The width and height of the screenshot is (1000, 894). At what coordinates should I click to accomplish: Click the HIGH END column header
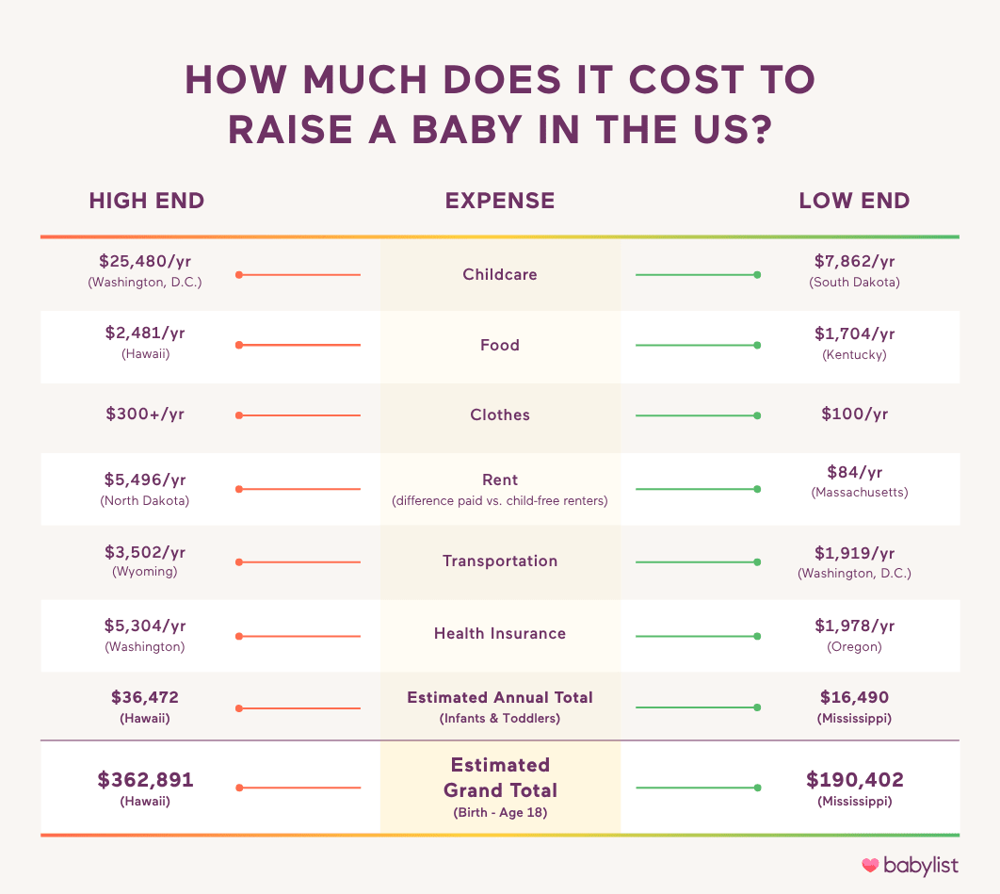(146, 201)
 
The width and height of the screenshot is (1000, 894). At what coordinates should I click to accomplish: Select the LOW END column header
(854, 201)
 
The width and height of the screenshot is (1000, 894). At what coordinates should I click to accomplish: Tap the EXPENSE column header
(500, 201)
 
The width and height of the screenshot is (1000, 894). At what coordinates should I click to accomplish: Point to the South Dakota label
(854, 282)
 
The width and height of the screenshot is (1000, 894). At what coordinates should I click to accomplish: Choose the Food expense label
(500, 345)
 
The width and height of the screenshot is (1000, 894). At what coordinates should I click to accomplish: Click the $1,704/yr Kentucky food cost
(854, 333)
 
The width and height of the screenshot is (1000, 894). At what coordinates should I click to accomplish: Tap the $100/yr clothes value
(854, 414)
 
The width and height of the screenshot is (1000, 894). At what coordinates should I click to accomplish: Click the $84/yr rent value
(854, 472)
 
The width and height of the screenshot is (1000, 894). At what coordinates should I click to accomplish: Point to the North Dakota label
(145, 500)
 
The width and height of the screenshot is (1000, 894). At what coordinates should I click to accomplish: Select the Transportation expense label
(500, 561)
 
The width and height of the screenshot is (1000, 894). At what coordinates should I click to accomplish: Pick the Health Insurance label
(500, 634)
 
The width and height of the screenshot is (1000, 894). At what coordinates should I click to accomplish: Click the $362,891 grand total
(145, 780)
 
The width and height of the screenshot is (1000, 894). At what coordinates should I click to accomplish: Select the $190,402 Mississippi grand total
(854, 780)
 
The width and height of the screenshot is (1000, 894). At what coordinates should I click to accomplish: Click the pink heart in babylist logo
(870, 864)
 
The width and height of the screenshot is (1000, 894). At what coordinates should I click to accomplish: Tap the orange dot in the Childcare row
(239, 275)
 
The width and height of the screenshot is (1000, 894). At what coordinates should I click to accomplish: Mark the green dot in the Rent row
(757, 489)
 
